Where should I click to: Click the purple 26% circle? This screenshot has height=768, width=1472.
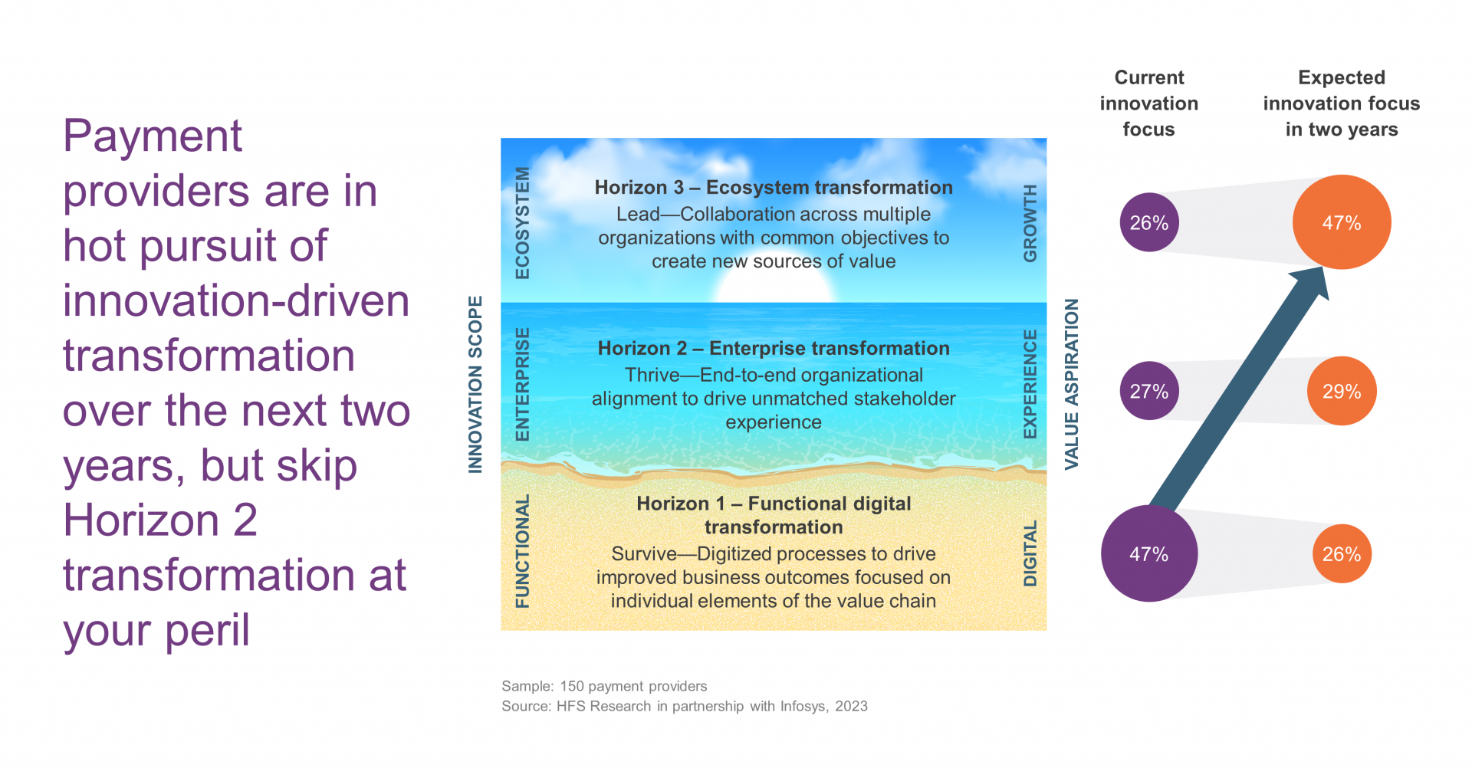(x=1149, y=222)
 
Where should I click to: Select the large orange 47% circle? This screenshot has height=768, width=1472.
(x=1342, y=222)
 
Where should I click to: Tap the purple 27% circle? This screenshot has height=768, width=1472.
(x=1149, y=391)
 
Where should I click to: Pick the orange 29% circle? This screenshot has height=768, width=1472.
(x=1342, y=391)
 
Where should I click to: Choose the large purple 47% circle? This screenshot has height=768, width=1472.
(x=1149, y=553)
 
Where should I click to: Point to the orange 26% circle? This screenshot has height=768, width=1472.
(x=1342, y=553)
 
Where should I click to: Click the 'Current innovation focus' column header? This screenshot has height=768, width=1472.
(x=1149, y=103)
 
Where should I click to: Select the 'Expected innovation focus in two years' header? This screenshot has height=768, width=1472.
(x=1342, y=103)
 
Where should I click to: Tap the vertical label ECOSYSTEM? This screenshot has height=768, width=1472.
(x=522, y=223)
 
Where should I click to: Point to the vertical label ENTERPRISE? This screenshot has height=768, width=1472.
(x=522, y=385)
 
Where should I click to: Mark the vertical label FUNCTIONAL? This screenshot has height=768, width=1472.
(x=522, y=552)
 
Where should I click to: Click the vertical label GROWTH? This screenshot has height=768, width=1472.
(x=1030, y=223)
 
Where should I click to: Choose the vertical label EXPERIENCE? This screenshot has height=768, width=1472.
(x=1030, y=385)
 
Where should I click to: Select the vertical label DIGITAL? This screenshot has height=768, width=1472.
(x=1030, y=553)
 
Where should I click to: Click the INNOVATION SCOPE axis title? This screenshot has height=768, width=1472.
(x=475, y=385)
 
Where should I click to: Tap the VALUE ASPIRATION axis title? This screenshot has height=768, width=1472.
(x=1071, y=384)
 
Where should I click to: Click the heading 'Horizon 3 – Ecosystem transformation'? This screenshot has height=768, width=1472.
(x=774, y=187)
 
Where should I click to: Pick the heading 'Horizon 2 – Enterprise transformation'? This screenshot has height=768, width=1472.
(x=774, y=348)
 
